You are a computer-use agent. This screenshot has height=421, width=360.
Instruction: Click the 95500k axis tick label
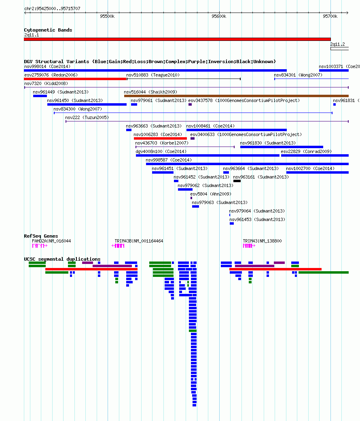tap(107, 16)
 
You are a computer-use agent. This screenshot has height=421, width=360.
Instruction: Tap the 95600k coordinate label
tap(219, 16)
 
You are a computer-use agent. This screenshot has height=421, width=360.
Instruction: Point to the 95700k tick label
tap(330, 16)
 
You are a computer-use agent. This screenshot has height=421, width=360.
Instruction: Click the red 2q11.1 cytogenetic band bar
tap(177, 39)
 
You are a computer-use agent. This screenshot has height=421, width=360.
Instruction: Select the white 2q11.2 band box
tap(340, 49)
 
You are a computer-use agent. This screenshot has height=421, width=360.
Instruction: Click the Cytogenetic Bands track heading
tap(48, 30)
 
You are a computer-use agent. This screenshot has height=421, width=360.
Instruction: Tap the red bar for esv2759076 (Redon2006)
tap(75, 79)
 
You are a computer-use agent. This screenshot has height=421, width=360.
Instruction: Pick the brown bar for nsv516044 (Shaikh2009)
tap(236, 96)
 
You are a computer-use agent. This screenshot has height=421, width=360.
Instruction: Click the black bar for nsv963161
tap(237, 181)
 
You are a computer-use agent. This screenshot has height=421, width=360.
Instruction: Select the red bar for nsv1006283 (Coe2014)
tap(161, 138)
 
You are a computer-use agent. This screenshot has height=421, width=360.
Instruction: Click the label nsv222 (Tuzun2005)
tap(87, 118)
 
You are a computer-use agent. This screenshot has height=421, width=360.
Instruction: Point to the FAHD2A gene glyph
tap(40, 245)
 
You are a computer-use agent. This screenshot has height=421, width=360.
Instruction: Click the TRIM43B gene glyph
tap(118, 245)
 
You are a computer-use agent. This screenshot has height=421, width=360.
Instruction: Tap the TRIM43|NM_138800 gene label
tap(263, 241)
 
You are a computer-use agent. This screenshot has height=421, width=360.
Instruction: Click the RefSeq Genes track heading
tap(41, 236)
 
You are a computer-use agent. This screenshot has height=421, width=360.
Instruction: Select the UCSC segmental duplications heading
tap(62, 259)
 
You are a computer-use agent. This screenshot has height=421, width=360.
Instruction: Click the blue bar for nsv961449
tap(40, 96)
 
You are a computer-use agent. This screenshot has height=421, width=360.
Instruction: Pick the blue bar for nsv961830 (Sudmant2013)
tap(282, 147)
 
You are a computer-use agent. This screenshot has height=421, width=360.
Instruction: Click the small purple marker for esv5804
tap(191, 198)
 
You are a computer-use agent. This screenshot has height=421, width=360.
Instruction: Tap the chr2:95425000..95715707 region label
tap(52, 9)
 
